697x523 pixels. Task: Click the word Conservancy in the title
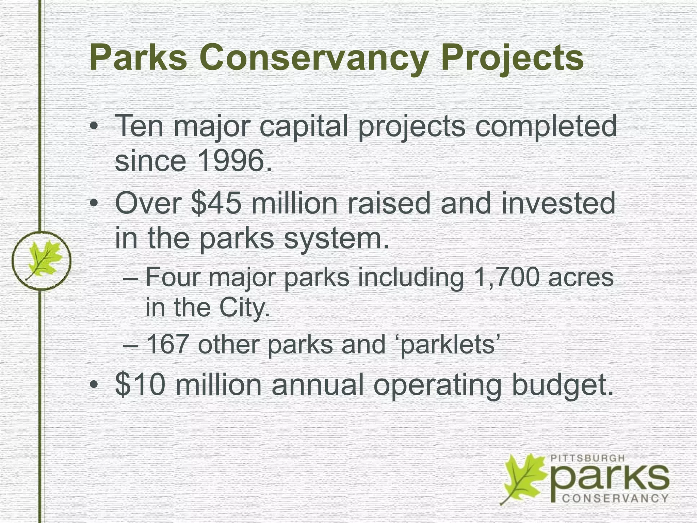point(315,58)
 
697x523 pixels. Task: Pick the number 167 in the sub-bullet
point(167,344)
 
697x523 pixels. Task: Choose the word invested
point(558,203)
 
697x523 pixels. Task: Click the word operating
point(437,385)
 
